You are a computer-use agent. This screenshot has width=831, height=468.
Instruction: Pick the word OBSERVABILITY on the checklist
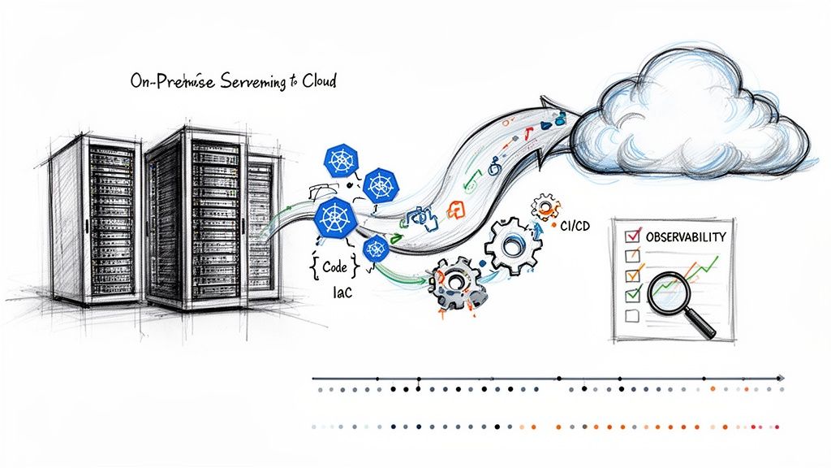[686, 236]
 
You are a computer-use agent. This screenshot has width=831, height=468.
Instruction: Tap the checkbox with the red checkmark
[626, 236]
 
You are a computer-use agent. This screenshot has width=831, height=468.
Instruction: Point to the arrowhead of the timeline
[781, 378]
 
